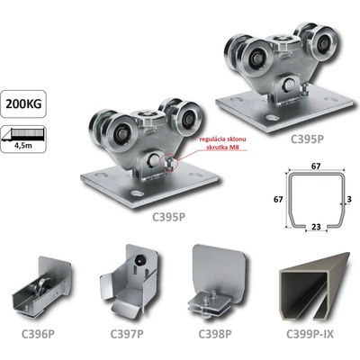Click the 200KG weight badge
point(23,103)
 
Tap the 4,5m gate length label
point(23,146)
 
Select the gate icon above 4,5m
point(23,134)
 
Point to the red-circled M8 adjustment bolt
point(168,164)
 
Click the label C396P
point(38,334)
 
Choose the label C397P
point(127,334)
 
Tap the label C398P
point(215,334)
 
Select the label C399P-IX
point(310,334)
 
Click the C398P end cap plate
point(217,281)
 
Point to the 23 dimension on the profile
point(316,227)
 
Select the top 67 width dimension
point(316,166)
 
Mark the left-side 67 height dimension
point(278,199)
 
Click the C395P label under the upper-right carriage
point(308,139)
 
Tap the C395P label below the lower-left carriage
point(168,217)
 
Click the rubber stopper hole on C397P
point(139,261)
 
